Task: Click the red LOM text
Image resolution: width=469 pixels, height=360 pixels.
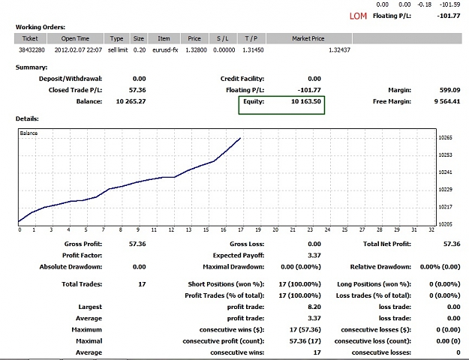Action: click(x=358, y=16)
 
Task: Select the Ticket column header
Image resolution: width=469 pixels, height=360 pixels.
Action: click(x=30, y=38)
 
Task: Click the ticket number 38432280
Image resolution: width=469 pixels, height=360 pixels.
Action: click(x=32, y=50)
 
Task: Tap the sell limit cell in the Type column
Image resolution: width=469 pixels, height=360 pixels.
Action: click(x=118, y=50)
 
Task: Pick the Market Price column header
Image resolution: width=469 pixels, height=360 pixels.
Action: click(x=308, y=38)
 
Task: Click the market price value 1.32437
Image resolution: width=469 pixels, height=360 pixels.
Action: click(x=339, y=50)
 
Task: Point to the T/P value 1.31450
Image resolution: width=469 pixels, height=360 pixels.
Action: click(x=253, y=50)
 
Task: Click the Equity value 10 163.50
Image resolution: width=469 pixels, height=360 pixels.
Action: click(x=306, y=101)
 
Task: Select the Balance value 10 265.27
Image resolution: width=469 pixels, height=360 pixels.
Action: click(x=131, y=101)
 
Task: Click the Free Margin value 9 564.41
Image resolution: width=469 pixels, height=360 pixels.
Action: click(x=447, y=101)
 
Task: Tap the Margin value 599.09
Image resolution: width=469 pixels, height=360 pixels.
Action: click(x=449, y=90)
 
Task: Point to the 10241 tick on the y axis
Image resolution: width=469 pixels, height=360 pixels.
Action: click(x=446, y=172)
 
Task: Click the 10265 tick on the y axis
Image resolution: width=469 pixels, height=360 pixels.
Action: click(x=446, y=137)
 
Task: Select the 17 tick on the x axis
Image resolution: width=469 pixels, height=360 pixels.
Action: click(x=241, y=229)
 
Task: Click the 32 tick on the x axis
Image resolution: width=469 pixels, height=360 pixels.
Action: click(x=431, y=229)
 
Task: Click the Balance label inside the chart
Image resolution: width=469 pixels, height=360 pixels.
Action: click(x=29, y=133)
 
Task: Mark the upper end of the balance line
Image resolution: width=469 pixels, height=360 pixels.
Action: click(x=240, y=138)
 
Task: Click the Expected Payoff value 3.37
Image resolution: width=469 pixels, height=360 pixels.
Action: click(x=314, y=255)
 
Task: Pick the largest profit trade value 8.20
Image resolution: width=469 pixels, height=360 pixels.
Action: click(x=314, y=307)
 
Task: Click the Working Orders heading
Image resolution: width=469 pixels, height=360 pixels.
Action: click(x=41, y=27)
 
